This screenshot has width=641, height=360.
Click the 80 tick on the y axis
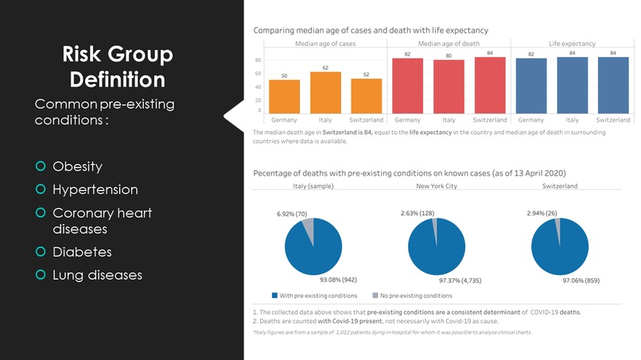pos(258,60)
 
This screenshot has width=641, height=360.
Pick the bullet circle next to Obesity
pos(41,167)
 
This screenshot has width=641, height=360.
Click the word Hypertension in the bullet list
pos(95,190)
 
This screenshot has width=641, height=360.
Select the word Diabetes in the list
pos(82,252)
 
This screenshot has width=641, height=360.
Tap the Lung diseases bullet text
pos(97,275)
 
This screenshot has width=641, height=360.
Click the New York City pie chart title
pos(436,185)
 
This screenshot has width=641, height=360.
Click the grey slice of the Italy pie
pos(309,230)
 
